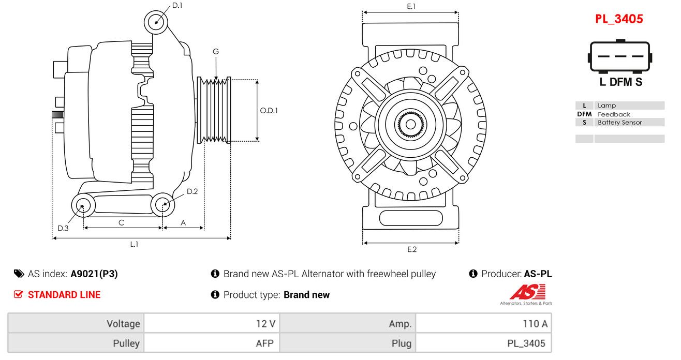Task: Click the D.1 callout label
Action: coord(177,6)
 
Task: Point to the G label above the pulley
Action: coord(216,52)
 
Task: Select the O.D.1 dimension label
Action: coord(269,111)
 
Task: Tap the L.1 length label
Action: coord(134,244)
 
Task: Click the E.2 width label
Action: coord(411,249)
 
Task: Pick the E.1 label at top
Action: coord(411,6)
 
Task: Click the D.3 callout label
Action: coord(63,228)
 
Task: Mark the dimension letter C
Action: coord(121,223)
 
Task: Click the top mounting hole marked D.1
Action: coord(156,22)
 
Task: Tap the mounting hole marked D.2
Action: coord(162,204)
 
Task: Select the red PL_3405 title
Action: coord(619,19)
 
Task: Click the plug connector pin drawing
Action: coord(620,56)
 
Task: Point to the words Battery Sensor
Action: coord(619,123)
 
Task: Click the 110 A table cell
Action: coord(484,324)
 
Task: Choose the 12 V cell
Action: coord(212,324)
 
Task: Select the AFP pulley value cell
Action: coord(212,343)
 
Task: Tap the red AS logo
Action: coord(528,292)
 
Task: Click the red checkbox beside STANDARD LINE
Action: coord(18,294)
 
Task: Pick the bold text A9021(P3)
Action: coord(94,274)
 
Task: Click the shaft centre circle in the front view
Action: coord(411,124)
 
